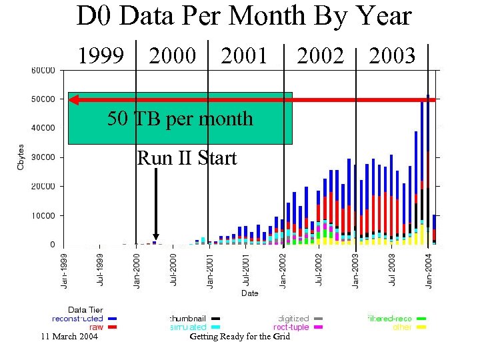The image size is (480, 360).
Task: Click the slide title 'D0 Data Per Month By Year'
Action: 244,17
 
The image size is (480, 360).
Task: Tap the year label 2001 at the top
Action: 244,56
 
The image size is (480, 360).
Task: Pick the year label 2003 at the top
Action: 392,56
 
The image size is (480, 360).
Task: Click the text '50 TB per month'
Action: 180,119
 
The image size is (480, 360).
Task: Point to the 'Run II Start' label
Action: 187,159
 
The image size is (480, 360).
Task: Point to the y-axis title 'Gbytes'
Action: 21,156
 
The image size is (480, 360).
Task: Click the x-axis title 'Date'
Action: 249,293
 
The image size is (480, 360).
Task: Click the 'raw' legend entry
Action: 96,327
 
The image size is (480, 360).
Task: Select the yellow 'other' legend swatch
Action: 421,327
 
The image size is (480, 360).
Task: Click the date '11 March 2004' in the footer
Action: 69,337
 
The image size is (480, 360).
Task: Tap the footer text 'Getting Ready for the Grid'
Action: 240,337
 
